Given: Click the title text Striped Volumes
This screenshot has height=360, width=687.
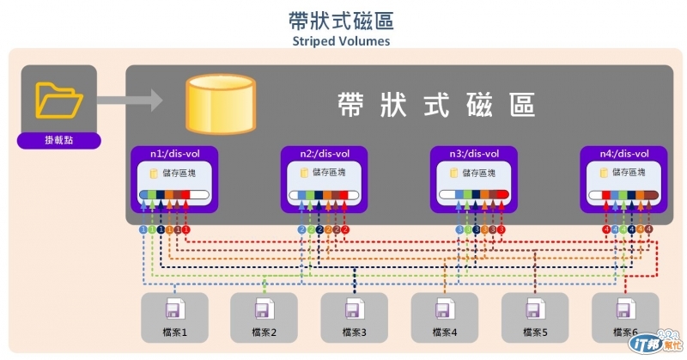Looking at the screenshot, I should point(342,40).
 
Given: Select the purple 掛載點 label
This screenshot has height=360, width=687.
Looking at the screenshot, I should point(58,141).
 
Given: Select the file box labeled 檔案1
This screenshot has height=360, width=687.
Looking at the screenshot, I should point(173,317).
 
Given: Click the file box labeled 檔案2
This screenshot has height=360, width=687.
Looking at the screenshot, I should point(264,317).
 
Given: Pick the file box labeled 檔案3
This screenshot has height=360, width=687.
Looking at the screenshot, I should point(354,317).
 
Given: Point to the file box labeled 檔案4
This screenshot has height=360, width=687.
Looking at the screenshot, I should point(444,317).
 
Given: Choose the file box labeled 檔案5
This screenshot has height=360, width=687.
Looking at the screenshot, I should point(534,317).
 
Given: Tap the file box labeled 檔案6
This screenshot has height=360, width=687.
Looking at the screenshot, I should point(624,317).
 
